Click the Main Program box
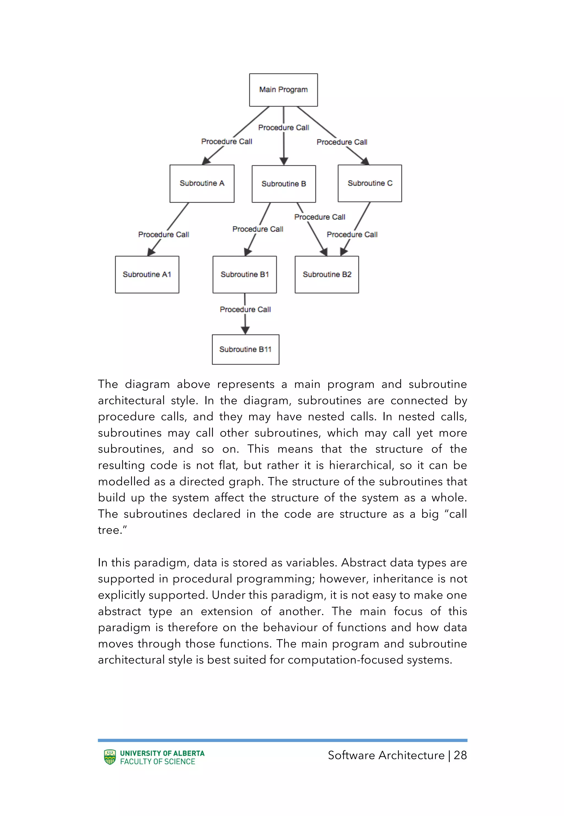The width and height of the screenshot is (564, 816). [x=283, y=90]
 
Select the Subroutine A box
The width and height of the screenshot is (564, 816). [x=202, y=183]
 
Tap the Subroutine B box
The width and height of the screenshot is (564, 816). [x=284, y=184]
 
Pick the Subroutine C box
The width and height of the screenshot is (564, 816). [x=370, y=183]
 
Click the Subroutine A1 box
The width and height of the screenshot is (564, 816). [x=147, y=274]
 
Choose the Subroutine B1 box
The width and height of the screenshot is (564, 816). [x=245, y=274]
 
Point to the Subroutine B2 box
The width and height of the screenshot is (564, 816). [x=327, y=274]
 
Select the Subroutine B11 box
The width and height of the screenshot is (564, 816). [x=245, y=349]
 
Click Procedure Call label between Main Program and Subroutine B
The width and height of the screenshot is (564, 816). [x=283, y=127]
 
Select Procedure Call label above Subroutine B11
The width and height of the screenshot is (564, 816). [x=245, y=310]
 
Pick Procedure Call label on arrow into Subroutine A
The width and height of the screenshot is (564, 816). [x=227, y=141]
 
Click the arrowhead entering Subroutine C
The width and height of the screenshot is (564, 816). [x=365, y=161]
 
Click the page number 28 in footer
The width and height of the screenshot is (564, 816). [x=460, y=755]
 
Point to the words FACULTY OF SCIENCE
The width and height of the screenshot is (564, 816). [x=158, y=761]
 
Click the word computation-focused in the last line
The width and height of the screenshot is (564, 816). [x=345, y=660]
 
